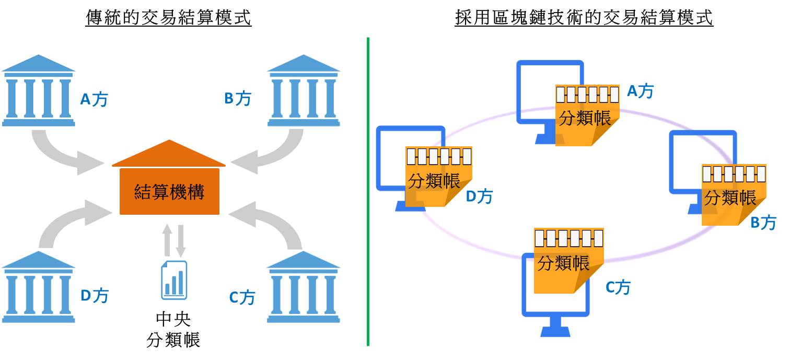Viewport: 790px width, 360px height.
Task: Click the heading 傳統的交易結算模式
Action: point(168,18)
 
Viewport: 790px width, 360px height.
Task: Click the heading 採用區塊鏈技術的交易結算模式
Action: point(584,18)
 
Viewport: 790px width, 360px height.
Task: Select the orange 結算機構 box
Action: point(169,192)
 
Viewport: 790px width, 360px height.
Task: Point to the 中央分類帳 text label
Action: point(173,330)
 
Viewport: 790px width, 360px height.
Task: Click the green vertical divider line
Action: point(368,191)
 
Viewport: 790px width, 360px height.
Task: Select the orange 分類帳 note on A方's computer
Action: point(587,115)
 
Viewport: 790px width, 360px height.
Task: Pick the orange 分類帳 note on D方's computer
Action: point(438,177)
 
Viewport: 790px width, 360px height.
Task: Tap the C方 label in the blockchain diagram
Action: point(618,287)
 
